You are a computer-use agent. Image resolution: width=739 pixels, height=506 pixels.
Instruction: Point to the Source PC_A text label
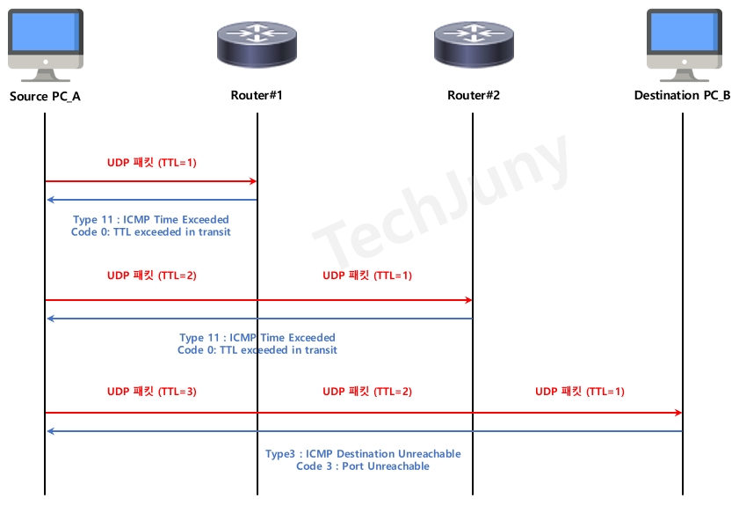[45, 95]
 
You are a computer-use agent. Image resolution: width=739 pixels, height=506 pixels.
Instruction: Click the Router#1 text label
[257, 95]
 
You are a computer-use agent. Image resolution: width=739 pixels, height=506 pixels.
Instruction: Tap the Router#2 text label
[474, 95]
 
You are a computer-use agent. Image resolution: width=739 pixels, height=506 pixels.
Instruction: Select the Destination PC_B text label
[682, 95]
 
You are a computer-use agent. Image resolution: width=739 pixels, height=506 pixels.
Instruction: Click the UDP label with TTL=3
[152, 392]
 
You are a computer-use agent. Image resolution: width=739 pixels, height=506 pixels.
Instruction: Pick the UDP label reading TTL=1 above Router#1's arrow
[152, 163]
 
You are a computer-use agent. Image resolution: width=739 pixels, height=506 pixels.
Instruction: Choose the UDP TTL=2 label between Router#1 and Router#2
[367, 392]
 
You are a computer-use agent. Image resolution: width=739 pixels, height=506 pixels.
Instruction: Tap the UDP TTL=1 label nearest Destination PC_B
[580, 392]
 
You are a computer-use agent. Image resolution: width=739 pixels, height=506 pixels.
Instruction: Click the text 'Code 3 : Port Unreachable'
[363, 466]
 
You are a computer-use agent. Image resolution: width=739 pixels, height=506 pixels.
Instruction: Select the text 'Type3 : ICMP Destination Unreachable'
[363, 454]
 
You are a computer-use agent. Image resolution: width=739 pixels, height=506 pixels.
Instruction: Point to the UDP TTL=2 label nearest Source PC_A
[152, 275]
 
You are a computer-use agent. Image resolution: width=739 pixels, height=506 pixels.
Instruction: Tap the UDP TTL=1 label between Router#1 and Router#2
[367, 275]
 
